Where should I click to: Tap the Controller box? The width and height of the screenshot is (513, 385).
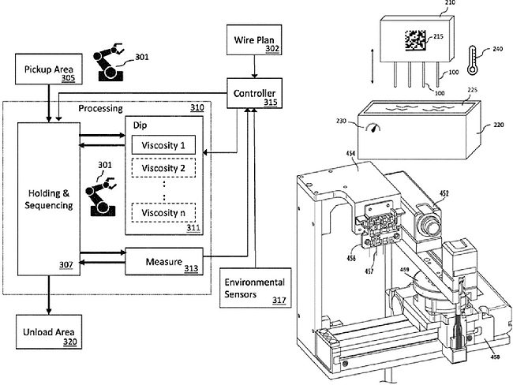[x=253, y=95]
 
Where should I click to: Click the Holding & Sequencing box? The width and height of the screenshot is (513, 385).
[x=49, y=196]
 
